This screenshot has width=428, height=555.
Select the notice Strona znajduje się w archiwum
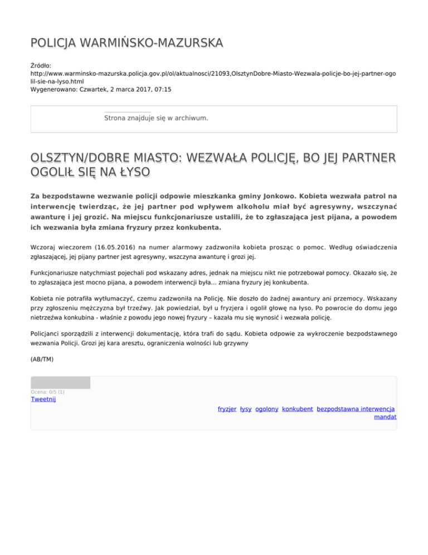click(x=157, y=118)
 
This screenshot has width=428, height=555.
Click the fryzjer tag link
click(x=227, y=409)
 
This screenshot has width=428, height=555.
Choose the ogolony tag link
click(x=267, y=409)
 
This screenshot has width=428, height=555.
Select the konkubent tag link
click(x=298, y=409)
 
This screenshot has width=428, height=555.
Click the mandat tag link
click(x=386, y=417)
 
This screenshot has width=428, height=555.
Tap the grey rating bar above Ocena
click(x=60, y=382)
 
